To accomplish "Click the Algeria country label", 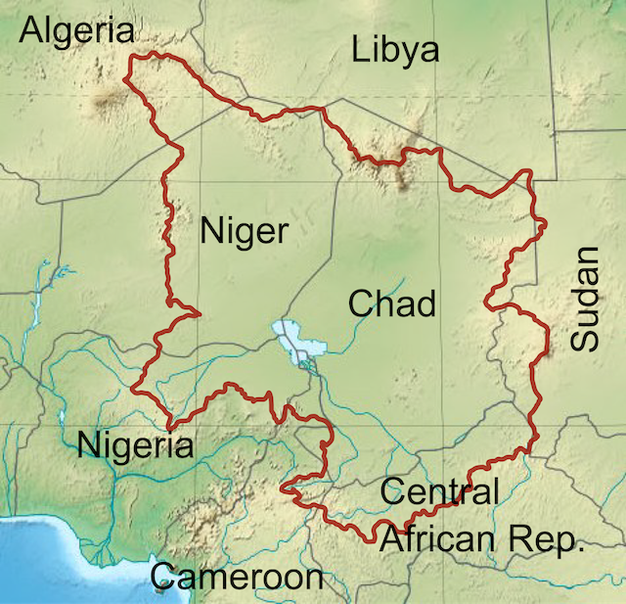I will [x=77, y=31].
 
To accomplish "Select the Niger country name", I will [x=245, y=232].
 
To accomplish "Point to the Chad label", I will [x=391, y=303].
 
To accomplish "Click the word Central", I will [x=439, y=490].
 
